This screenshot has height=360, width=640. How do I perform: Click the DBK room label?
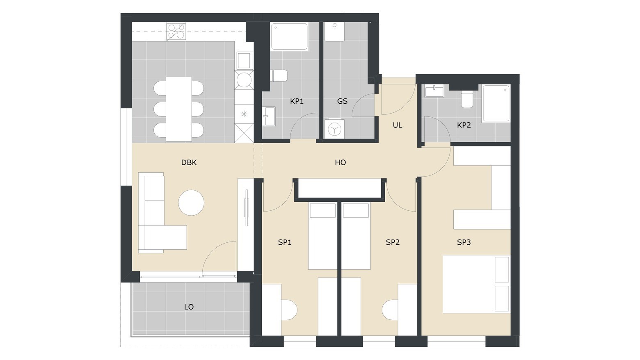189,162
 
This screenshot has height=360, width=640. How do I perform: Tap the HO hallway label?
340,162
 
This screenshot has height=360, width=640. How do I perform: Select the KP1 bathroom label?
297,101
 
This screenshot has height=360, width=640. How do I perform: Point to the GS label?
342,101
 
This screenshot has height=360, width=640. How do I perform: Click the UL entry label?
398,125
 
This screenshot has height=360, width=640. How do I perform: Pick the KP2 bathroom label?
464,125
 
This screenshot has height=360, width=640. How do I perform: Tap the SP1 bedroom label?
285,242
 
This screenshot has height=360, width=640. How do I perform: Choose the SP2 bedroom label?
393,242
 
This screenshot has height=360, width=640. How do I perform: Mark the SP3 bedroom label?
464,242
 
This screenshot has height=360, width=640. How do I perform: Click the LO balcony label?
189,307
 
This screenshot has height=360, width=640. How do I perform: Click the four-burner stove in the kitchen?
176,31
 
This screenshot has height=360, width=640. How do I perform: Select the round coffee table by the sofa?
191,203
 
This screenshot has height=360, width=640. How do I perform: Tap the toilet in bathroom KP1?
279,76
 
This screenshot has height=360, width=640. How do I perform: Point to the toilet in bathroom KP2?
467,99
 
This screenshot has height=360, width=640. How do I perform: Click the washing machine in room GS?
333,129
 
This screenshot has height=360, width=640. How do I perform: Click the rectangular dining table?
179,109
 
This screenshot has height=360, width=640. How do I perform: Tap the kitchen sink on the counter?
244,61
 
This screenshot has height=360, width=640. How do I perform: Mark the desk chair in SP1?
289,310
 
